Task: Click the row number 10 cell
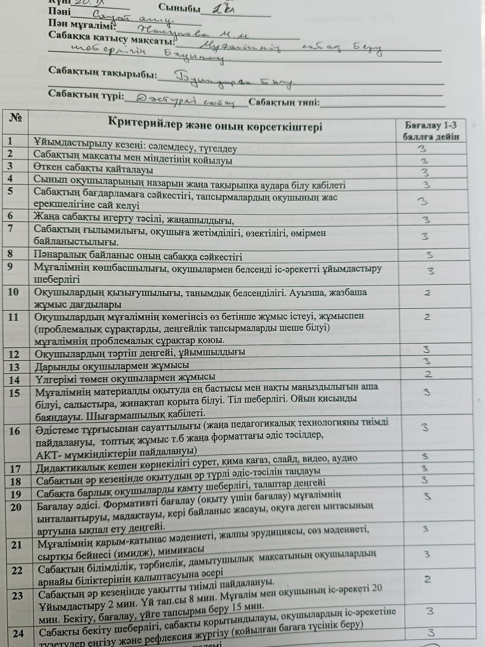click(13, 292)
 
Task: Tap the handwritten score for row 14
click(428, 374)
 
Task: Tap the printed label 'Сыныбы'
click(179, 8)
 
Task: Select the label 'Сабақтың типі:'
click(284, 102)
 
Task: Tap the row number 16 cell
click(15, 431)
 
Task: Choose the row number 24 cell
click(18, 633)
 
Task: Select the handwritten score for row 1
click(422, 148)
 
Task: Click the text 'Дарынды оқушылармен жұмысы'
click(112, 366)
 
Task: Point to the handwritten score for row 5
click(422, 201)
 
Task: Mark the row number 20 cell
click(16, 507)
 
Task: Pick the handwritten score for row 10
click(427, 292)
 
